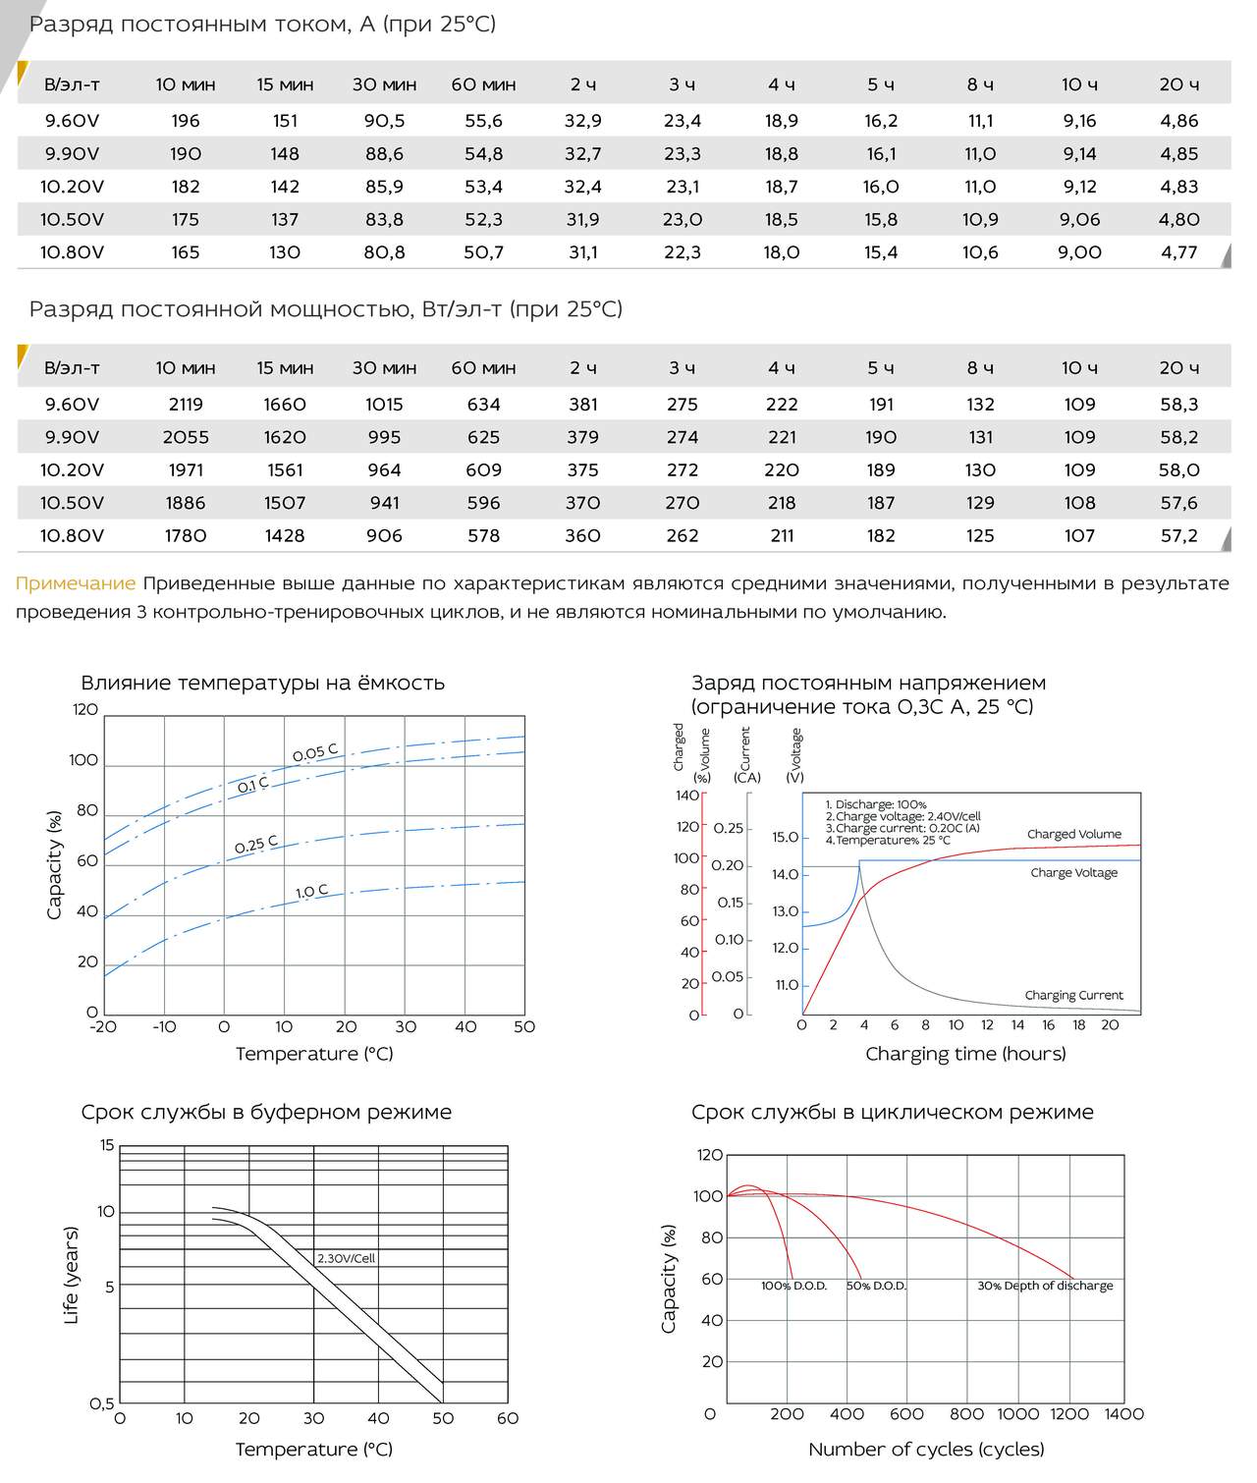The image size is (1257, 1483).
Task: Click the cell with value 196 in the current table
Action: tap(185, 121)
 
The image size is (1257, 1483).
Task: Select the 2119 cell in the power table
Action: tap(186, 404)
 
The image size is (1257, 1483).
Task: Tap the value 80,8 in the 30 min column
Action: tap(385, 252)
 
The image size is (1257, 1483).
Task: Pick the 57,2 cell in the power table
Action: tap(1178, 536)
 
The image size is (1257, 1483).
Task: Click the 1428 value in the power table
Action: tap(285, 536)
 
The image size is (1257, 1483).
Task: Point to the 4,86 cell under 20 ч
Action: tap(1178, 121)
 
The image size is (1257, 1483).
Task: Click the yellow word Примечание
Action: tap(76, 583)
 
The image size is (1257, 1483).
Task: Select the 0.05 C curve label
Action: tap(315, 752)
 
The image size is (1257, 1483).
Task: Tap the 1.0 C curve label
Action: tap(312, 891)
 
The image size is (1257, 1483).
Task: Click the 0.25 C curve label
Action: tap(256, 844)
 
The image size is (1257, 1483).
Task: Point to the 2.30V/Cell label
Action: tap(346, 1258)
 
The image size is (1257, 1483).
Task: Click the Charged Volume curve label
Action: tap(1073, 834)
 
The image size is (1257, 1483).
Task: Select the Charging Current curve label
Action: tap(1073, 995)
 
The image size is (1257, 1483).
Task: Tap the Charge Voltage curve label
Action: tap(1074, 872)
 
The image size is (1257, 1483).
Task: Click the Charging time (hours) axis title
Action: tap(965, 1054)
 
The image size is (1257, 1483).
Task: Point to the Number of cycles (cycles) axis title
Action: tap(926, 1450)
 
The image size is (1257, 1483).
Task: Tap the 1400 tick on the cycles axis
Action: tap(1124, 1414)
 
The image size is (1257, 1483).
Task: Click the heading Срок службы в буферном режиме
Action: tap(266, 1113)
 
